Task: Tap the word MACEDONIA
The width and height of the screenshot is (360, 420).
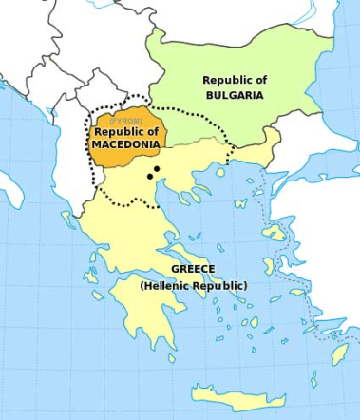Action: pos(124,143)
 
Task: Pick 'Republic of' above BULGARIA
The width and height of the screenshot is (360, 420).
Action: pos(234,80)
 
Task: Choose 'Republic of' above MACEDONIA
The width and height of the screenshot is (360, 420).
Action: pos(125,132)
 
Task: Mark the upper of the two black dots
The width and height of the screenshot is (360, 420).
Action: pos(156,168)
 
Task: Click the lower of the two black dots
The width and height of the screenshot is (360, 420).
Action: pos(149,176)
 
